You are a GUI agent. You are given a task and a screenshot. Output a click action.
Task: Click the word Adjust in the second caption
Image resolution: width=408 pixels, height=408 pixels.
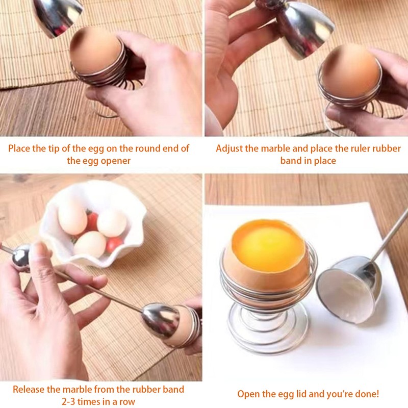[229, 148]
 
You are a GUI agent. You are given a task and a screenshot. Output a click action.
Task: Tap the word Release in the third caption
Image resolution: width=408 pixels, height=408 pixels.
[29, 389]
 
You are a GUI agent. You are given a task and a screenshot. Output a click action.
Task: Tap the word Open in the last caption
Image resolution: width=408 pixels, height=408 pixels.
[248, 394]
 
